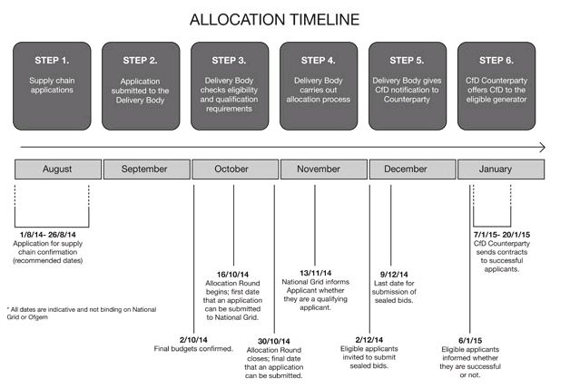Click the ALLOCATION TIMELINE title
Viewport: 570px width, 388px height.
(274, 20)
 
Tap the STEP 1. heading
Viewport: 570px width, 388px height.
(52, 60)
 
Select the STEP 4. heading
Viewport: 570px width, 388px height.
(318, 60)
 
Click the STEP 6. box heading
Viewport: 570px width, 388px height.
(496, 60)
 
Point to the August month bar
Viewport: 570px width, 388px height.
(58, 170)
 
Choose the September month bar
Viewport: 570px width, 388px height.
(146, 170)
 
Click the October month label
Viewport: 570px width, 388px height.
(231, 169)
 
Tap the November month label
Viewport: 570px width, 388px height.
(319, 169)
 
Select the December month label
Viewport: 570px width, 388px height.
(406, 169)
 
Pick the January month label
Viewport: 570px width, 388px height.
(495, 170)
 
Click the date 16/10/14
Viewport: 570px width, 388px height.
(232, 275)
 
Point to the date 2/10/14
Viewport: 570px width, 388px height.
(193, 340)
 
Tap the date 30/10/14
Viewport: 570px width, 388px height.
(274, 341)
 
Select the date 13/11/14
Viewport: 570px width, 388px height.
(316, 273)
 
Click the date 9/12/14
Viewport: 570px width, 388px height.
(394, 275)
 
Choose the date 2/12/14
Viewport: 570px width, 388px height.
(369, 340)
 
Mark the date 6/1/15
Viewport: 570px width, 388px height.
(470, 341)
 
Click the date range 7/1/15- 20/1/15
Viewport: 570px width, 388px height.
(502, 235)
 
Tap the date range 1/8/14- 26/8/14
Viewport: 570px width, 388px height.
(47, 235)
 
